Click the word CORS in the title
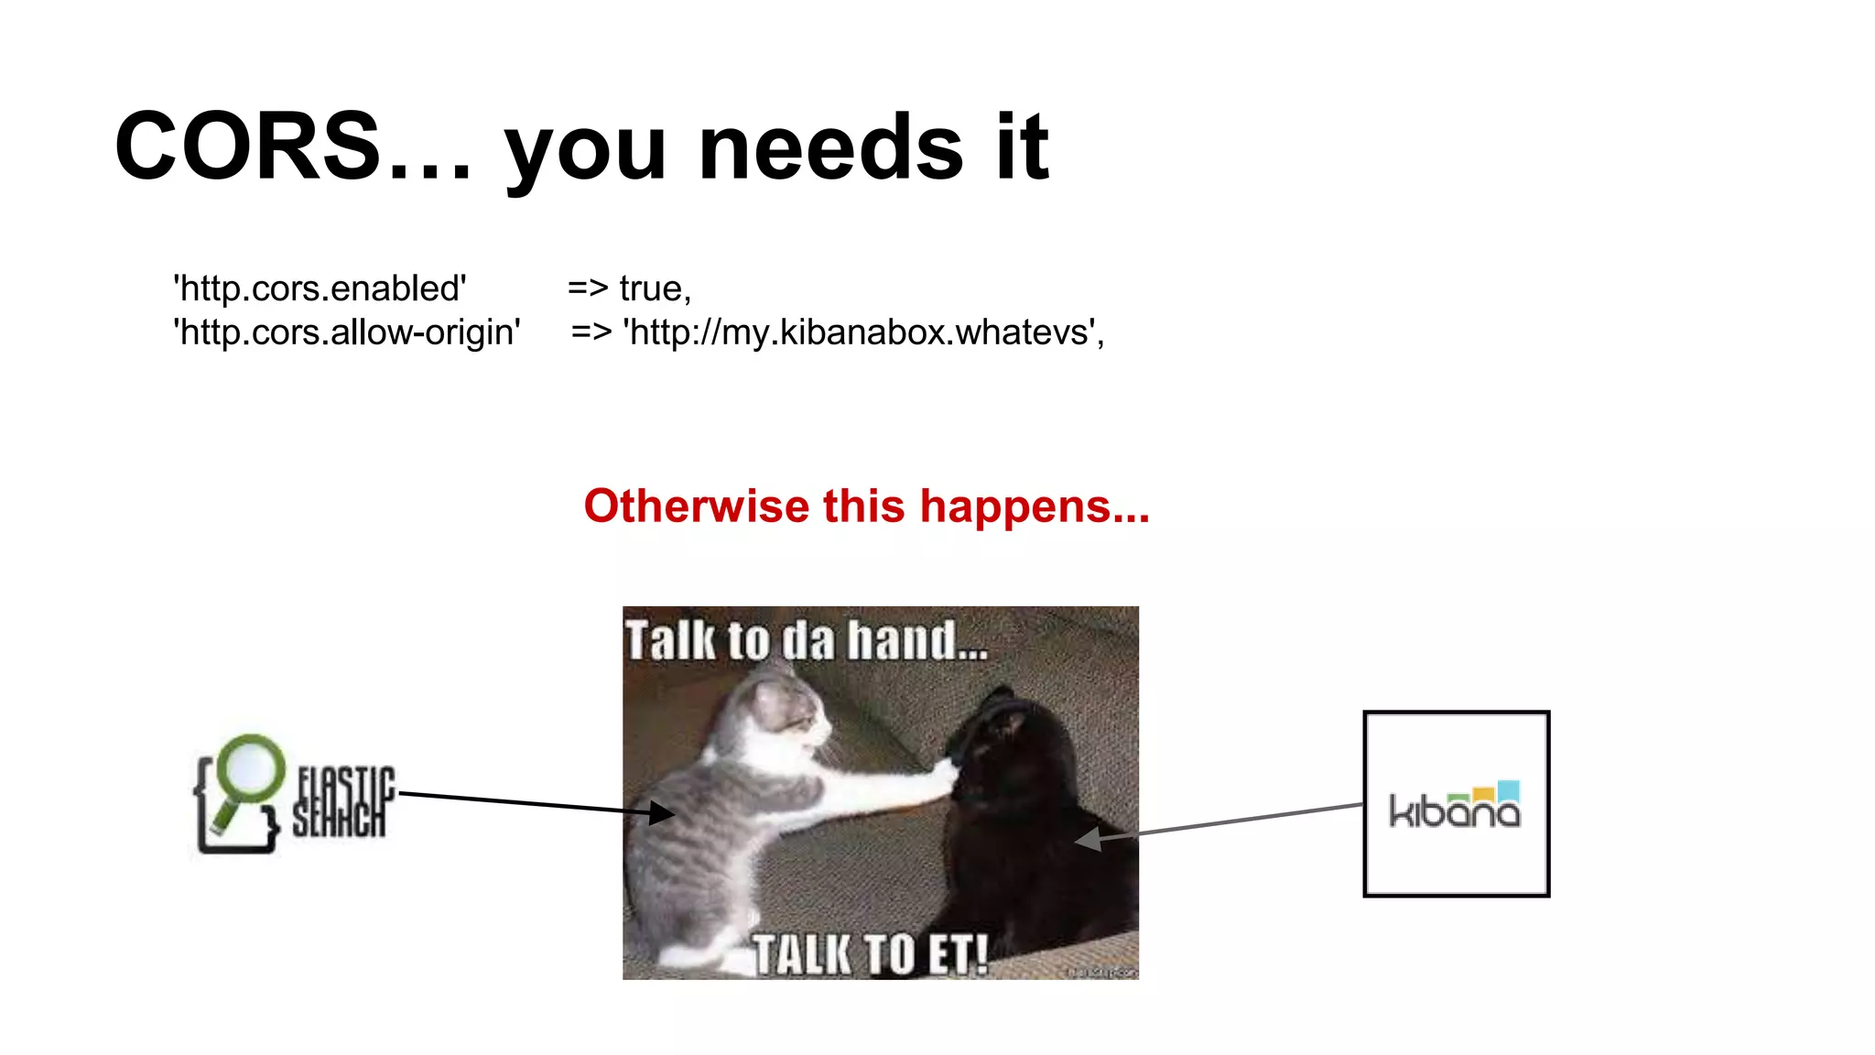pos(247,147)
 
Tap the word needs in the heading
pos(830,148)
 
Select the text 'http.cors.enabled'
pos(320,288)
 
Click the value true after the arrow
pos(651,288)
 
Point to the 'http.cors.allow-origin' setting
pos(347,332)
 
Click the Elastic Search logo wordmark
pos(342,802)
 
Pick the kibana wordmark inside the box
pos(1455,811)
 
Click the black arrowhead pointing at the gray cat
pos(662,812)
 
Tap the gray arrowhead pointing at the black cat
pos(1088,838)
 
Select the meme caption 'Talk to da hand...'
pos(806,639)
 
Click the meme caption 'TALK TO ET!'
pos(870,954)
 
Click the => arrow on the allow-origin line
pos(591,332)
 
